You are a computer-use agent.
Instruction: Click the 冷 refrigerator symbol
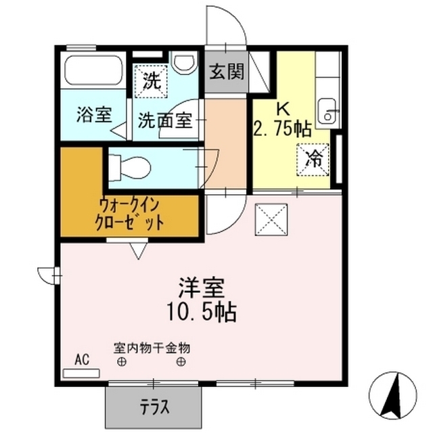coord(314,160)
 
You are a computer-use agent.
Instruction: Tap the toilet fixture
coord(129,164)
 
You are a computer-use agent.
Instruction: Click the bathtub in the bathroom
coord(93,71)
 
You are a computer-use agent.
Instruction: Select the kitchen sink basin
coord(327,112)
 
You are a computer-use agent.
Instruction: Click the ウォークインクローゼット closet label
coord(131,214)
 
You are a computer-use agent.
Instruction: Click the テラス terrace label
coord(154,408)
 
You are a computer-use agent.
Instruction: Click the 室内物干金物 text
coord(152,348)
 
